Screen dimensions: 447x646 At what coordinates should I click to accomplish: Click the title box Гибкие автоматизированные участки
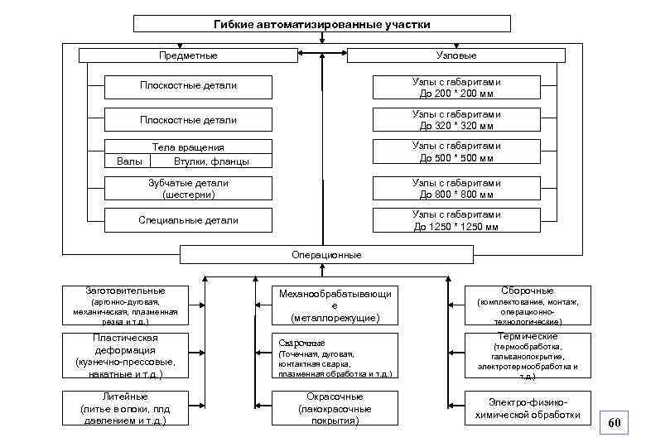pos(322,24)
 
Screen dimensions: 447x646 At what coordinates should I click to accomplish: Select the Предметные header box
pos(188,55)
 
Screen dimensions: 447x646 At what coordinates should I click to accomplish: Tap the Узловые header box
pos(456,55)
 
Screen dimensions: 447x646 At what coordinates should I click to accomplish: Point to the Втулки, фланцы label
pos(211,161)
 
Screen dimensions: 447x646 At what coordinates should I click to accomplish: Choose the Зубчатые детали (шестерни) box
pos(189,189)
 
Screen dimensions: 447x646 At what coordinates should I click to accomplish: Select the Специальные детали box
pos(189,220)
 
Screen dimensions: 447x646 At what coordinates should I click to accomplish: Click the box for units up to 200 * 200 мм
pos(456,87)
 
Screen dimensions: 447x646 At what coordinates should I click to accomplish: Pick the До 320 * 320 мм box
pos(456,120)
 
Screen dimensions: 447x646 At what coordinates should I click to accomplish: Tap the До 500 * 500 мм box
pos(456,152)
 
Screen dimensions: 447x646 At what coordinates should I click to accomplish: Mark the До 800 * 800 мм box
pos(456,189)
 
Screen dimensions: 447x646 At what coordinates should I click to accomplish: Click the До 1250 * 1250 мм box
pos(456,220)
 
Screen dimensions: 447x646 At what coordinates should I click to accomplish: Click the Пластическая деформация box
pos(125,356)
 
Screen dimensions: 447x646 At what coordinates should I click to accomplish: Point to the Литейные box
pos(125,408)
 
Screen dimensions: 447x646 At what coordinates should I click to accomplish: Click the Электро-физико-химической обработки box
pos(528,408)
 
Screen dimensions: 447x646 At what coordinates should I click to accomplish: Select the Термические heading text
pos(528,337)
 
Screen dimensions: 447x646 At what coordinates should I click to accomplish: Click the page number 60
pos(614,423)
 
